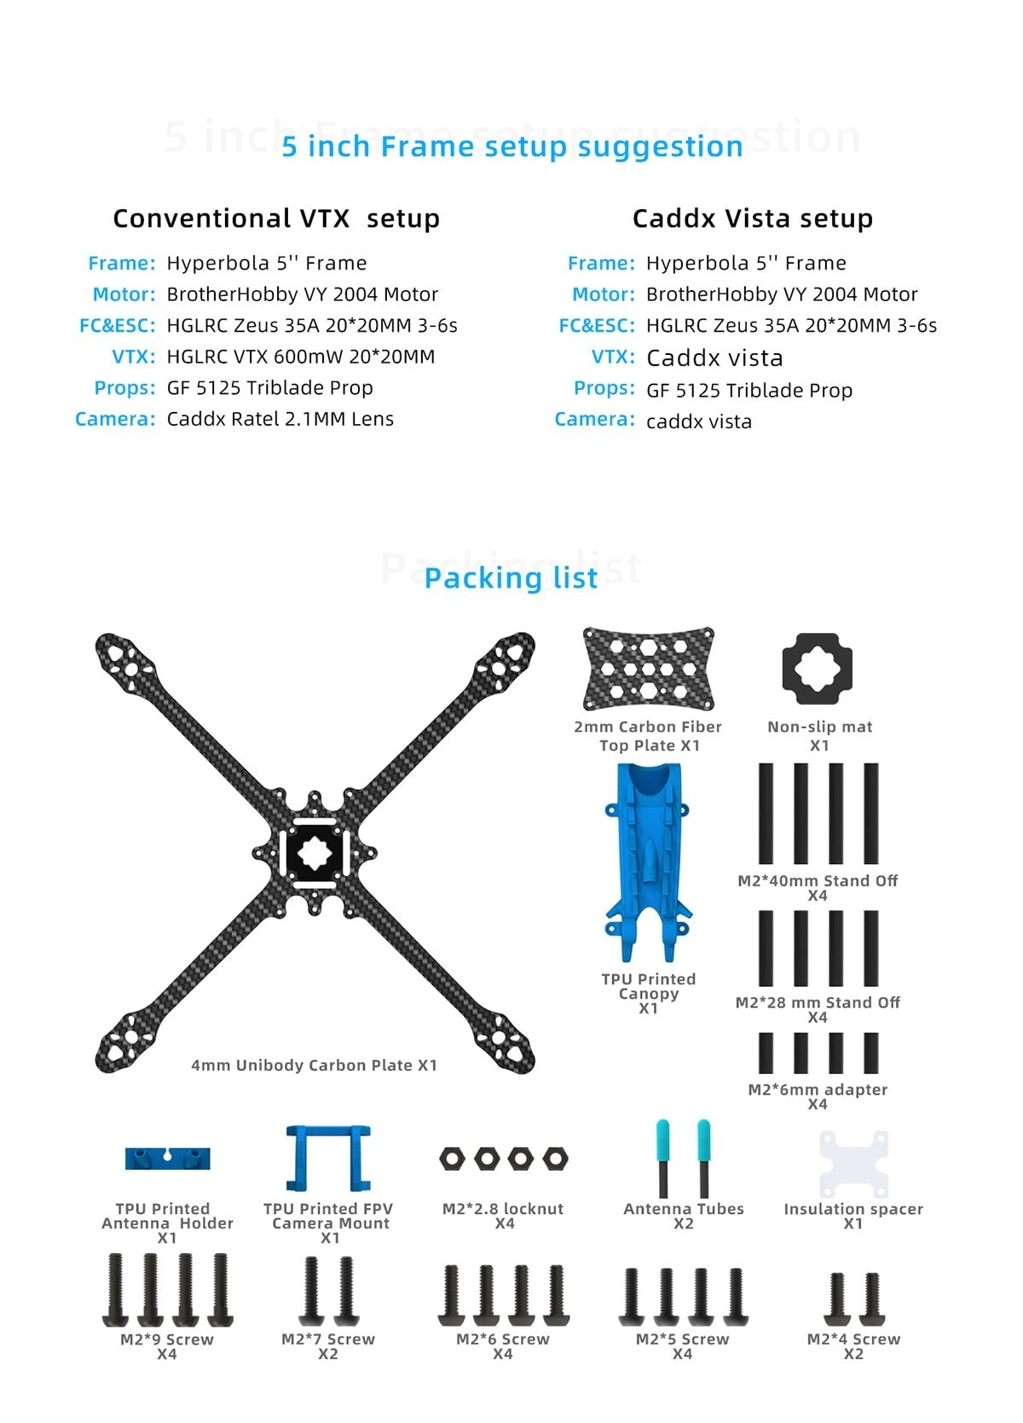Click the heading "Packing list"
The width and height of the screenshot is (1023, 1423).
coord(511,578)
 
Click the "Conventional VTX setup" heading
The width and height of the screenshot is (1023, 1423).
coord(276,218)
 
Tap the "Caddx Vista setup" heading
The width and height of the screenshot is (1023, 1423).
coord(752,218)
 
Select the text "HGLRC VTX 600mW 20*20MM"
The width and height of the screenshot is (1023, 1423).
coord(300,357)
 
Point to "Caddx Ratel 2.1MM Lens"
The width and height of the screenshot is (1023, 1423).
coord(280,419)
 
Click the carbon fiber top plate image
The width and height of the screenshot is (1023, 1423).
coord(648,670)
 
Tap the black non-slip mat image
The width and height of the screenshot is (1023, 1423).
coord(817,669)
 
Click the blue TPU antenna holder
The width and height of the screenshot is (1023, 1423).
coord(167,1158)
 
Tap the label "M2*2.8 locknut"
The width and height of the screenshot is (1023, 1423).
coord(503,1209)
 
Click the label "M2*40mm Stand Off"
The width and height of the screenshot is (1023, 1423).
coord(818,880)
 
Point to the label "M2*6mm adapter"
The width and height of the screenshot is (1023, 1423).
coord(818,1089)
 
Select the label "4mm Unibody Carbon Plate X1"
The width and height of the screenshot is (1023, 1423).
coord(314,1065)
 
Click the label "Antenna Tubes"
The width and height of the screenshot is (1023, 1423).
coord(683,1209)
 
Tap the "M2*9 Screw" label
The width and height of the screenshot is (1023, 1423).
coord(167,1339)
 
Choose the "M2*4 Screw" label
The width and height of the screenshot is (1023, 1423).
coord(853,1339)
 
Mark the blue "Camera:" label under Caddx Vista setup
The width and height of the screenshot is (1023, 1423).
coord(594,419)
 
